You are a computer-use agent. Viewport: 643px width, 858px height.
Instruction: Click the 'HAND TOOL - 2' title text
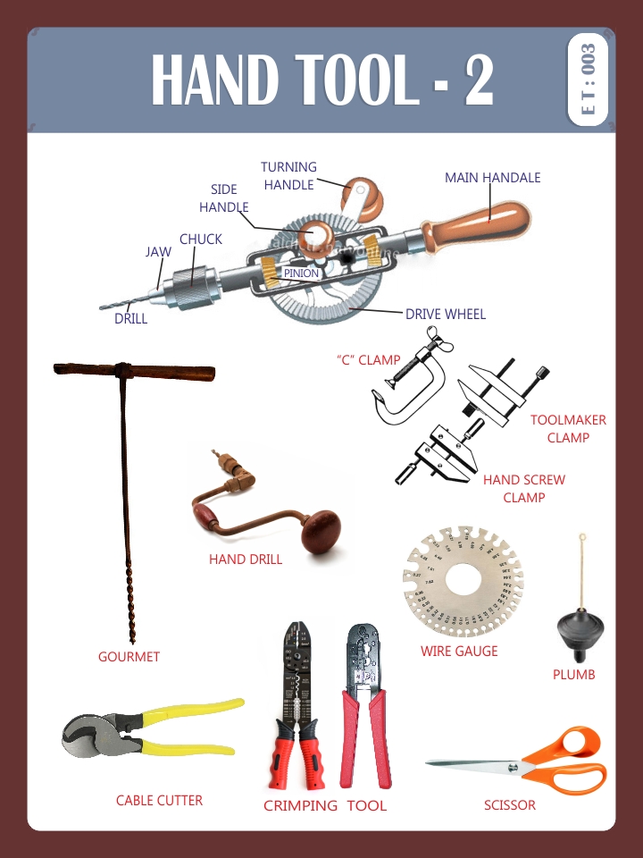321,80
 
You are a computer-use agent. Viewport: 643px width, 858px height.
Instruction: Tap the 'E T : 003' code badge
588,80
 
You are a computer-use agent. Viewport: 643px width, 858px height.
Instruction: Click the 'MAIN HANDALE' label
492,178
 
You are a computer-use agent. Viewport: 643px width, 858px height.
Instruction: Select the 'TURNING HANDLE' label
288,176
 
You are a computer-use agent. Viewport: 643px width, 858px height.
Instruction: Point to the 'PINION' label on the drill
301,273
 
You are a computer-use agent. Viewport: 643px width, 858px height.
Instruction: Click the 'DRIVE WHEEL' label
446,314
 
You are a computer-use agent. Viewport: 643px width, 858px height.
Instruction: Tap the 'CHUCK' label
201,240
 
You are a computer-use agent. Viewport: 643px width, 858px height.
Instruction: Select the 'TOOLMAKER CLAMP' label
568,429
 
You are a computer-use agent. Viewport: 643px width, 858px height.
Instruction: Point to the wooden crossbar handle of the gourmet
134,371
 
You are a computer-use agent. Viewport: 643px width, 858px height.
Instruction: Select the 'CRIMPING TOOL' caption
325,805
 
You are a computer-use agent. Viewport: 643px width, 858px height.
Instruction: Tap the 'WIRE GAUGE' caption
459,651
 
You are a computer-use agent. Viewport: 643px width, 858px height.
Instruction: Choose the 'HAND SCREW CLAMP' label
524,488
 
